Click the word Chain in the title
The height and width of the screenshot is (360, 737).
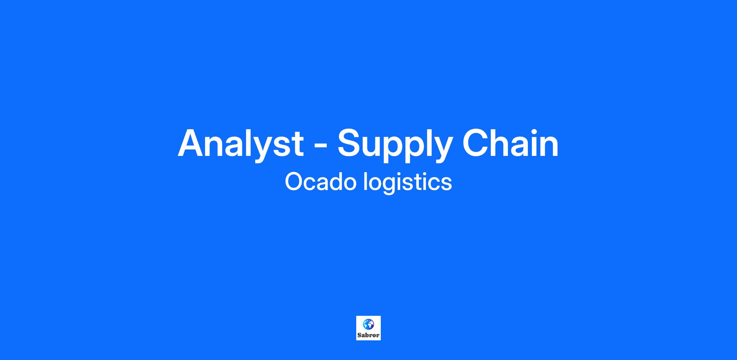510,143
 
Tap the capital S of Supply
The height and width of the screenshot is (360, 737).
349,143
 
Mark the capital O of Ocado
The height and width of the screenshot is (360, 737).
294,181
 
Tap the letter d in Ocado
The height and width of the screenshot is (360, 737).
333,181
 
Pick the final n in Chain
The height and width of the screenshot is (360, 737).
549,146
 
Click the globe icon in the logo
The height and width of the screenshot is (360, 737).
368,324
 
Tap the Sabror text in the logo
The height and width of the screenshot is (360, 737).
368,335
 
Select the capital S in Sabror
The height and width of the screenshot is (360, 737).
359,335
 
